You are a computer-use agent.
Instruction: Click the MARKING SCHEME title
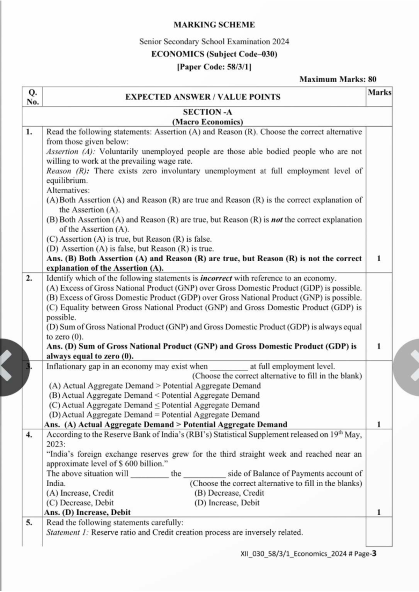coord(214,25)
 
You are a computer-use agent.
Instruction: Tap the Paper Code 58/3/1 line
coord(214,67)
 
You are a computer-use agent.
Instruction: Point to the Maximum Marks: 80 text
coord(338,79)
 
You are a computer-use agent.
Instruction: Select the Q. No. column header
coord(32,97)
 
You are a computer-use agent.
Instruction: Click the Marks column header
coord(379,92)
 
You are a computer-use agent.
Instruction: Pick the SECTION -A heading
coord(207,112)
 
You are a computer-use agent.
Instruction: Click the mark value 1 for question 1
coord(379,258)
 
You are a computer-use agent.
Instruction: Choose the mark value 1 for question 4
coord(379,512)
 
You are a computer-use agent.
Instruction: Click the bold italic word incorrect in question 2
coord(216,278)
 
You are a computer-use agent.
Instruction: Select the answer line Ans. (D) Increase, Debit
coord(88,512)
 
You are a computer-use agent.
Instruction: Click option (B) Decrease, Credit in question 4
coord(229,493)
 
